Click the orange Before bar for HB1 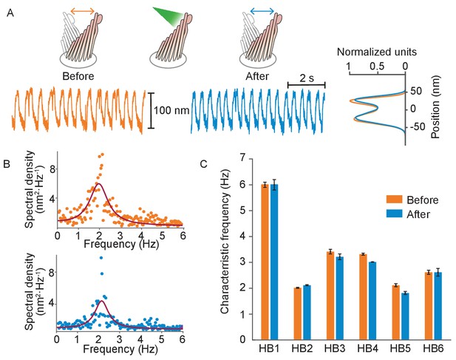[x=265, y=262]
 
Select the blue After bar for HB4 [x=372, y=301]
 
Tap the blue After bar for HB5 [x=405, y=316]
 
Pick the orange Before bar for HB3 [x=330, y=296]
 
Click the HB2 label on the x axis [x=302, y=348]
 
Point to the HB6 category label [x=433, y=348]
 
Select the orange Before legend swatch [x=394, y=200]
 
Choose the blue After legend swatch [x=394, y=214]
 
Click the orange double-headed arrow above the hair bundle [x=83, y=11]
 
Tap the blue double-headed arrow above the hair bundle [x=262, y=11]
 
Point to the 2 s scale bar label [x=307, y=78]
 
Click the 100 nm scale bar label [x=171, y=110]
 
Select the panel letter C [x=204, y=164]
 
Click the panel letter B [x=7, y=164]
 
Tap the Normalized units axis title [x=377, y=52]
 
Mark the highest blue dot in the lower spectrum [x=101, y=258]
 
